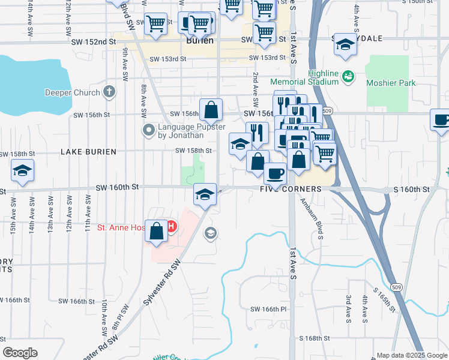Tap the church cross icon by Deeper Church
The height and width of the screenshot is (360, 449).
(109, 92)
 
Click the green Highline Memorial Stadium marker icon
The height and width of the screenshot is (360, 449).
(347, 76)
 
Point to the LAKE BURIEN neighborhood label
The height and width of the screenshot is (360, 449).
(88, 152)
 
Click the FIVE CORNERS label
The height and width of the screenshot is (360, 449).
(291, 189)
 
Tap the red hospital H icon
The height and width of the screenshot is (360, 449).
(172, 227)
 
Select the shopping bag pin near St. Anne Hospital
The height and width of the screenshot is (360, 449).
(156, 231)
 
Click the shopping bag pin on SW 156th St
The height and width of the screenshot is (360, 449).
(211, 110)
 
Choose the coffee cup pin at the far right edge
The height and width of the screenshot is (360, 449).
(441, 120)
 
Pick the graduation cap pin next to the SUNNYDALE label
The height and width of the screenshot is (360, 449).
(345, 44)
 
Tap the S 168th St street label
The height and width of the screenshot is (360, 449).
(310, 338)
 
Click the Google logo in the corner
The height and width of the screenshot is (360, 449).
(20, 353)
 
